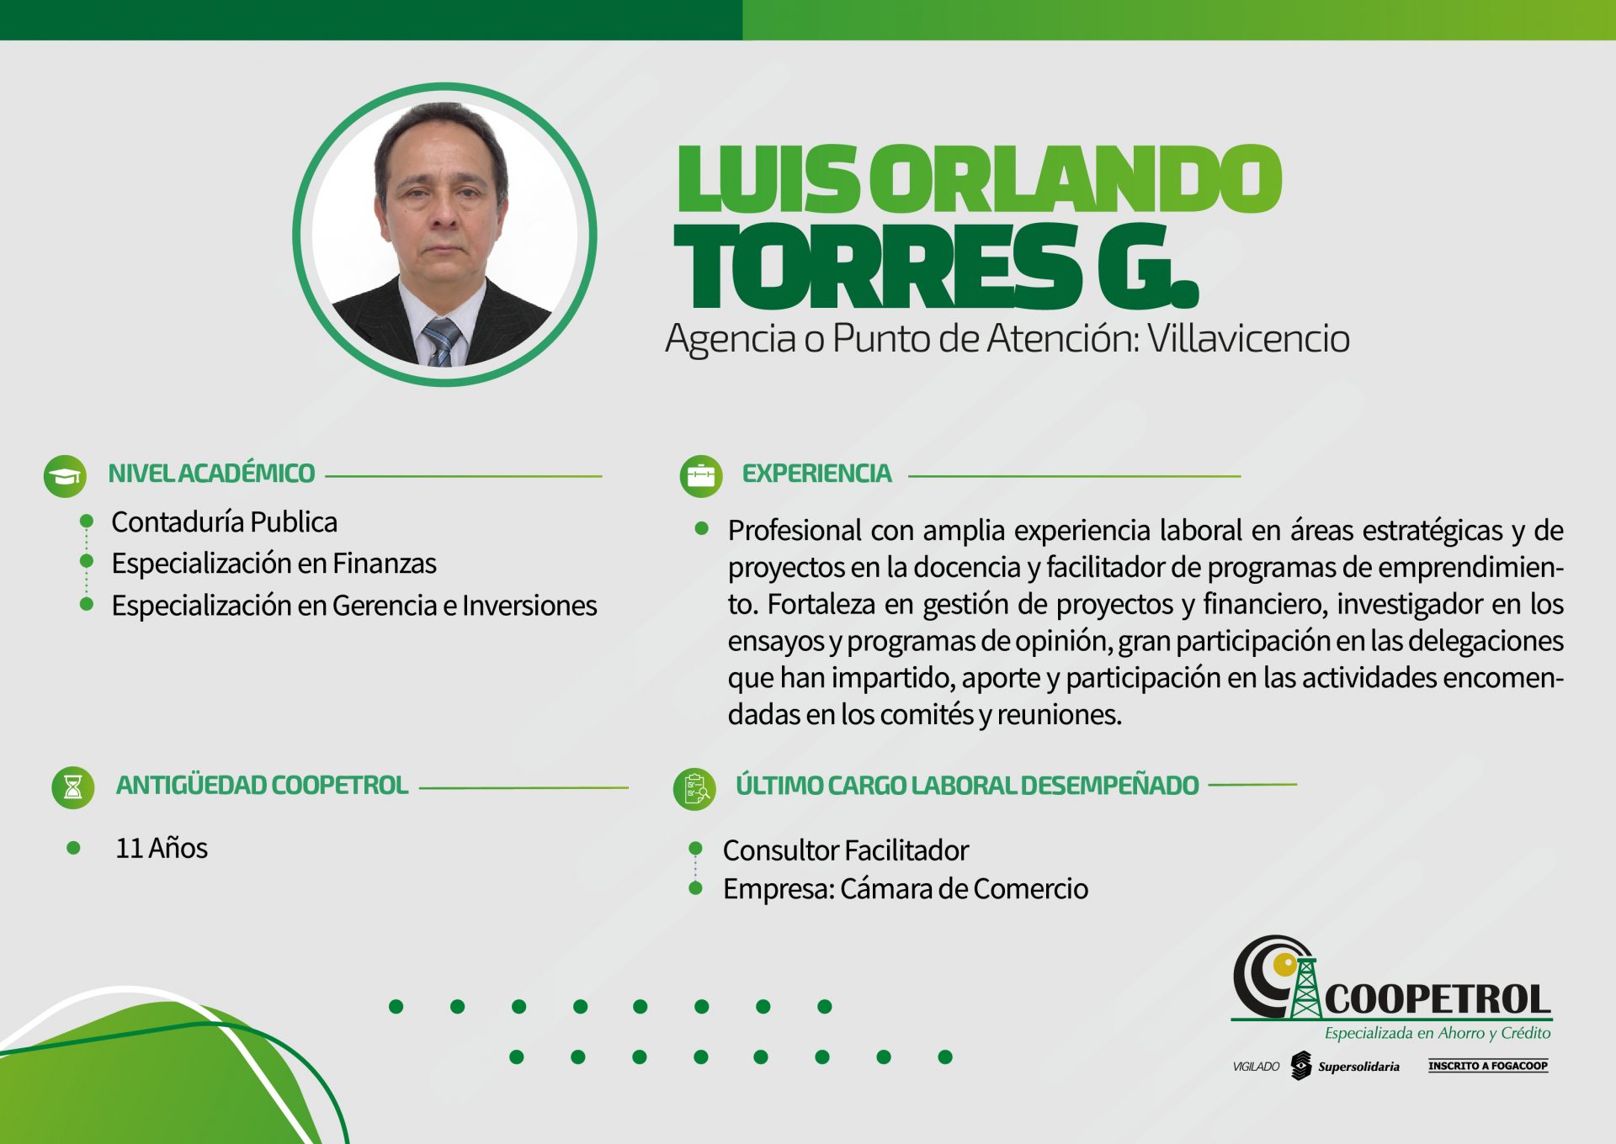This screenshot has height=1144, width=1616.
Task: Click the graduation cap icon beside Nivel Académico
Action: [65, 476]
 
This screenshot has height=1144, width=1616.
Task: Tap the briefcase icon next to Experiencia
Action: [701, 476]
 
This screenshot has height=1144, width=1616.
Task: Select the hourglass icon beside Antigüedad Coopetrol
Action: [73, 787]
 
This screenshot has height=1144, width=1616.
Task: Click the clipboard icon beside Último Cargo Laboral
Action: [695, 789]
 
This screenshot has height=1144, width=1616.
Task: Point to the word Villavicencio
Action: [1249, 338]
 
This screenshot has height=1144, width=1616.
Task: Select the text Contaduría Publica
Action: [224, 522]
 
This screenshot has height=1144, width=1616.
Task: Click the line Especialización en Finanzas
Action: [274, 564]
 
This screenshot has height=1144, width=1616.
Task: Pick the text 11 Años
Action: [162, 848]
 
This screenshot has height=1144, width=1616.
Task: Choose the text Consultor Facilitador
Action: [846, 850]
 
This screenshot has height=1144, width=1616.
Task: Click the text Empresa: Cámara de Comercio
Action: [906, 889]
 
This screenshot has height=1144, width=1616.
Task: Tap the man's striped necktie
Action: [441, 342]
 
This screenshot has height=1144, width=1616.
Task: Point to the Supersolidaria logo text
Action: [1358, 1067]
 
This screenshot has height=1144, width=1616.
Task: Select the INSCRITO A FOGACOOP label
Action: [1488, 1066]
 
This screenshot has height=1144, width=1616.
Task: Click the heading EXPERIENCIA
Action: [816, 474]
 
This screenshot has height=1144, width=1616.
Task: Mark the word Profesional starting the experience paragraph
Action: [795, 531]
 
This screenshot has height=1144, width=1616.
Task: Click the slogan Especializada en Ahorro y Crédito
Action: [1438, 1033]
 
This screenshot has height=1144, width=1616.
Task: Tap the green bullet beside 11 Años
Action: [73, 848]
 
